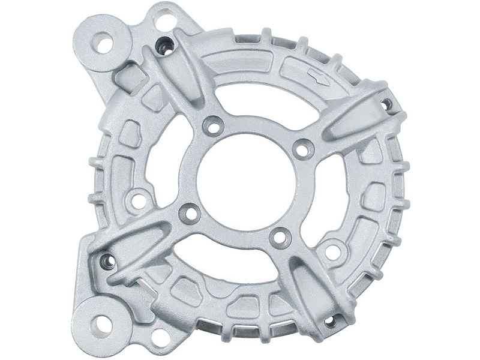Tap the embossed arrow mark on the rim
[x=317, y=77]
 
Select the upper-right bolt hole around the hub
[x=303, y=148]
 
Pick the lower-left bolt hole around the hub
[x=190, y=213]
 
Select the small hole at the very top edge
[x=164, y=21]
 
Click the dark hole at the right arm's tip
[x=387, y=104]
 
